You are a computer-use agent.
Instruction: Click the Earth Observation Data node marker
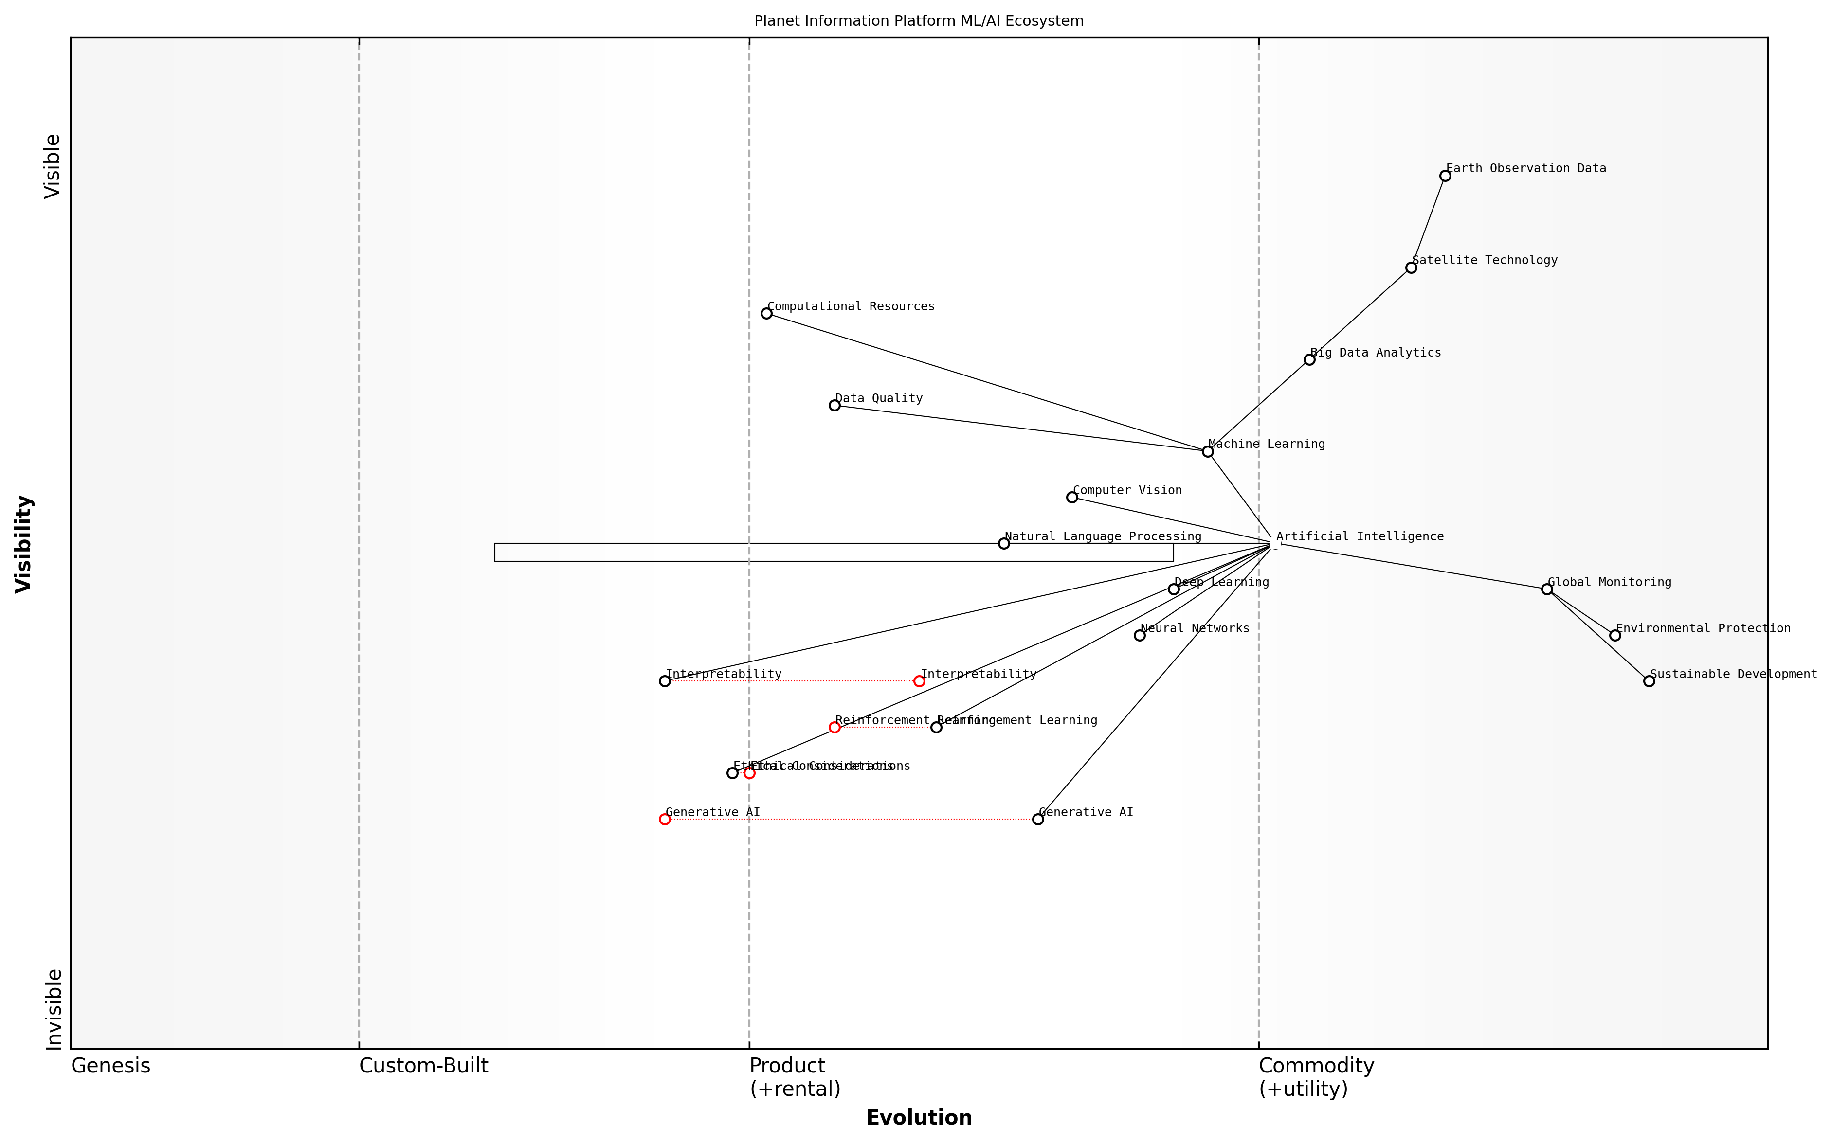point(1445,176)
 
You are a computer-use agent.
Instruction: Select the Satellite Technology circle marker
point(1411,268)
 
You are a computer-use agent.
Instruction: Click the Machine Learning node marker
point(1208,451)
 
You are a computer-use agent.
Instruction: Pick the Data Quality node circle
point(834,405)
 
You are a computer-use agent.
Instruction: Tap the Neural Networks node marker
point(1140,636)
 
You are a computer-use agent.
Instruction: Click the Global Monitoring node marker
point(1547,589)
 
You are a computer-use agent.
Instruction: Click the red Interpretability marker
point(919,681)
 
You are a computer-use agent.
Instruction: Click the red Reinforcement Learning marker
point(834,727)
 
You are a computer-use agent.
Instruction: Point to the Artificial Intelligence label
point(1360,537)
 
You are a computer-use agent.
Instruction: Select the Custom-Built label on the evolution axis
point(423,1066)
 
